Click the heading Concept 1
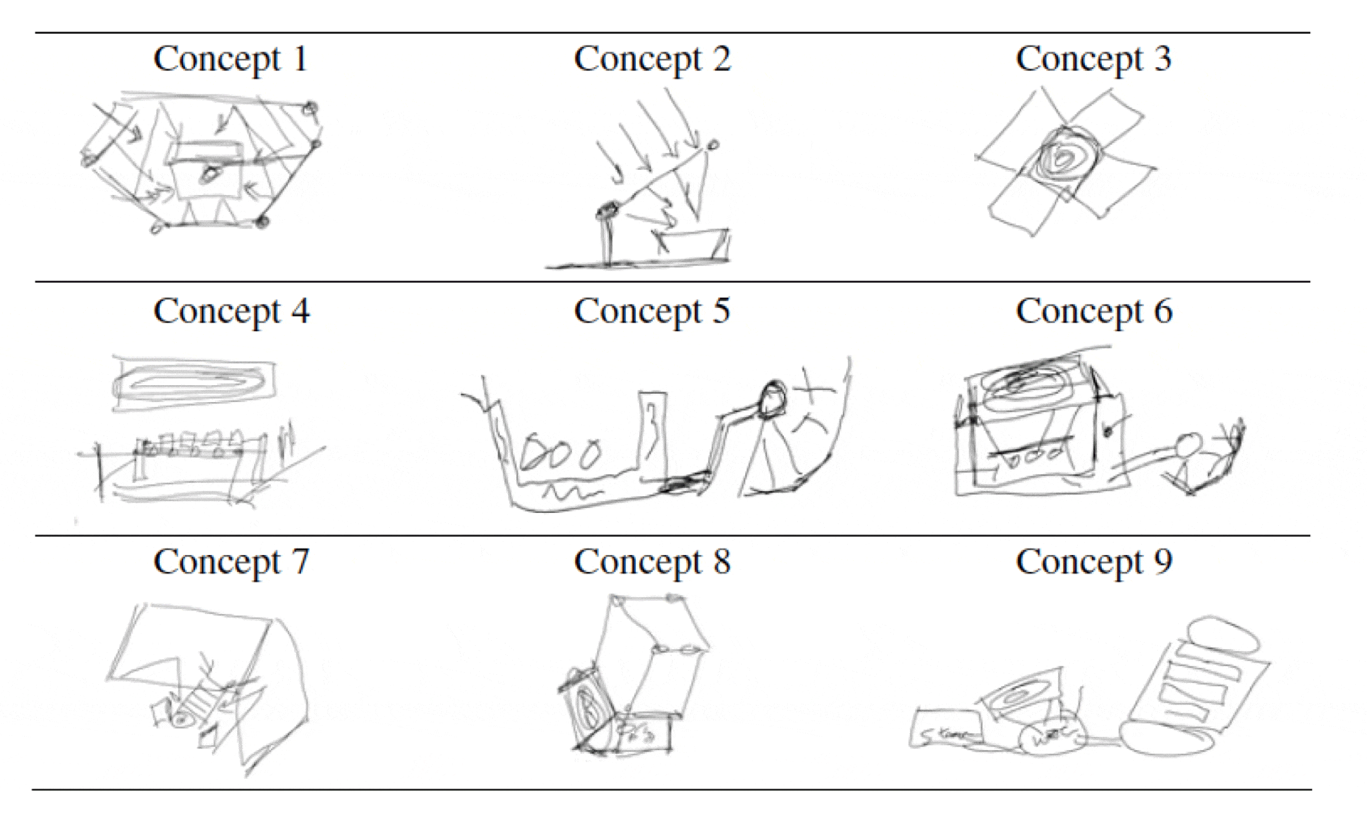tap(230, 59)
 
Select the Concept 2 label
tap(652, 59)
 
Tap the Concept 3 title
tap(1093, 59)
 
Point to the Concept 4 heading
tap(231, 311)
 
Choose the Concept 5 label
tap(652, 311)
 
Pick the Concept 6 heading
tap(1093, 311)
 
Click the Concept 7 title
tap(231, 562)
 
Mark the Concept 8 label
tap(652, 562)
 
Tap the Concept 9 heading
tap(1093, 562)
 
